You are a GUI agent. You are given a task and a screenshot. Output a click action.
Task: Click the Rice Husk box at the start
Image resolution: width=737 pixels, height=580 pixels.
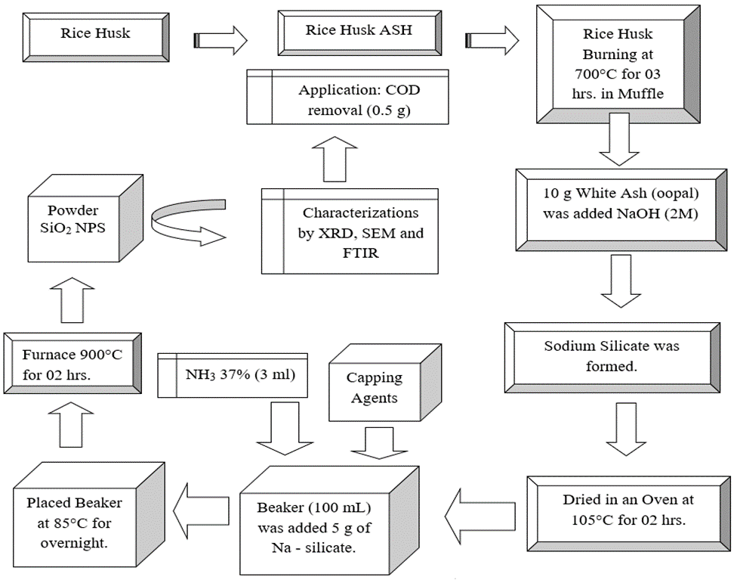(96, 38)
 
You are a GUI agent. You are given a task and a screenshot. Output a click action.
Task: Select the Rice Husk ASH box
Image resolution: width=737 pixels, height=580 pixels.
(359, 33)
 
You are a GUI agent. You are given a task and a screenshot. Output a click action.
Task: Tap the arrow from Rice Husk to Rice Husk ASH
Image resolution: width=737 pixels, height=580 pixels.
(220, 41)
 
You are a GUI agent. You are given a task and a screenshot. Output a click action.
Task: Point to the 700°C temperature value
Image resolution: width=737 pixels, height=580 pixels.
(591, 74)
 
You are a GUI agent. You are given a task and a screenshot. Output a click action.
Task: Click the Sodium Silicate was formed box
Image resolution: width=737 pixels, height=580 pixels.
(612, 358)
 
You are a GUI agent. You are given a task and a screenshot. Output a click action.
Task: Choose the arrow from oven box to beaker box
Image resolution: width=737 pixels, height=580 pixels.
(480, 513)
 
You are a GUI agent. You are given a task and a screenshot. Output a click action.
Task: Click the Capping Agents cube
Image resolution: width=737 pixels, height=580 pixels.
(384, 383)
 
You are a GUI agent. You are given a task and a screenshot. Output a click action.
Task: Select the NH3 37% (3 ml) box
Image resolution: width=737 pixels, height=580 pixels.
(232, 375)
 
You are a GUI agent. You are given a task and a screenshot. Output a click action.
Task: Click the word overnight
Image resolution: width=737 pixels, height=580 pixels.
(74, 543)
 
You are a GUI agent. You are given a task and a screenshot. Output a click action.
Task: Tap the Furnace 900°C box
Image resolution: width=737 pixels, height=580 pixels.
(72, 364)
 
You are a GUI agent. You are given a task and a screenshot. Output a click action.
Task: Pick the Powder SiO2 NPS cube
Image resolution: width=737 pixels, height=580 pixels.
(85, 219)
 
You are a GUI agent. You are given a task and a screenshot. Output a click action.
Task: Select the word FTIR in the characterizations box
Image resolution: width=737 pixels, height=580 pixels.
(360, 253)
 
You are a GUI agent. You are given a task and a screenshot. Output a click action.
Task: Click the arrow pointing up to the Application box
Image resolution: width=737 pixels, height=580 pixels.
(335, 159)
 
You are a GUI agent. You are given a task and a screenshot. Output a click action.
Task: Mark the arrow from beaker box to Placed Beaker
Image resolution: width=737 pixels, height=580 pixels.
(201, 511)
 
